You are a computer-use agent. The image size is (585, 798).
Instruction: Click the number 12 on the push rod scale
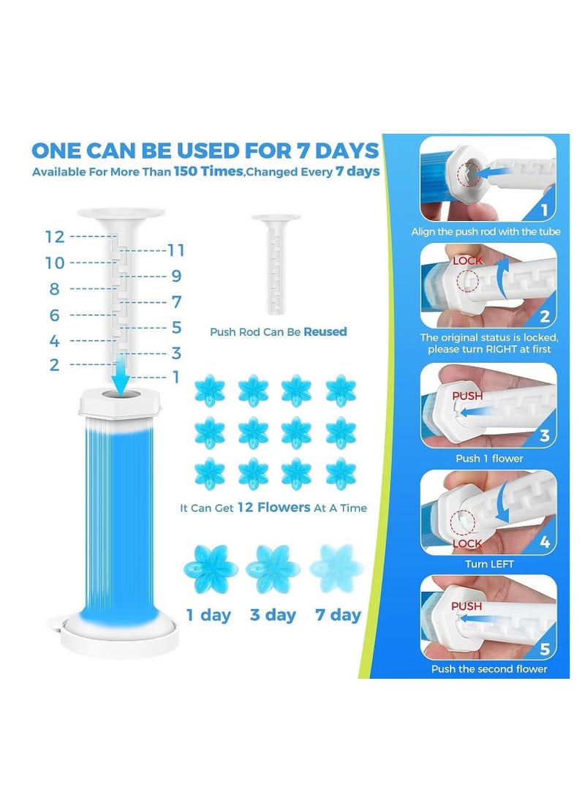pyautogui.click(x=55, y=237)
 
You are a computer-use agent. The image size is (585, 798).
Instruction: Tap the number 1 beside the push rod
pyautogui.click(x=175, y=377)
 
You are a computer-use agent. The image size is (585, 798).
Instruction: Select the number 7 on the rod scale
pyautogui.click(x=175, y=301)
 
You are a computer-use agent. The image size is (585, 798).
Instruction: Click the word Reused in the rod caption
pyautogui.click(x=325, y=331)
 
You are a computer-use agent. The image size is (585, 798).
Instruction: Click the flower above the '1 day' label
pyautogui.click(x=210, y=568)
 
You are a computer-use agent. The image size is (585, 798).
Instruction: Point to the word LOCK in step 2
pyautogui.click(x=468, y=260)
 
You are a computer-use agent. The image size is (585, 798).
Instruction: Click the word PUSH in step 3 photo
pyautogui.click(x=468, y=396)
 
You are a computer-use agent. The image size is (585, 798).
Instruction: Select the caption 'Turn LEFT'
pyautogui.click(x=488, y=564)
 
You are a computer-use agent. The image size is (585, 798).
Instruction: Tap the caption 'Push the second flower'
pyautogui.click(x=488, y=669)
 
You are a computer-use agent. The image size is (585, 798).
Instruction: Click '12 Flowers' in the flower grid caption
pyautogui.click(x=273, y=507)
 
